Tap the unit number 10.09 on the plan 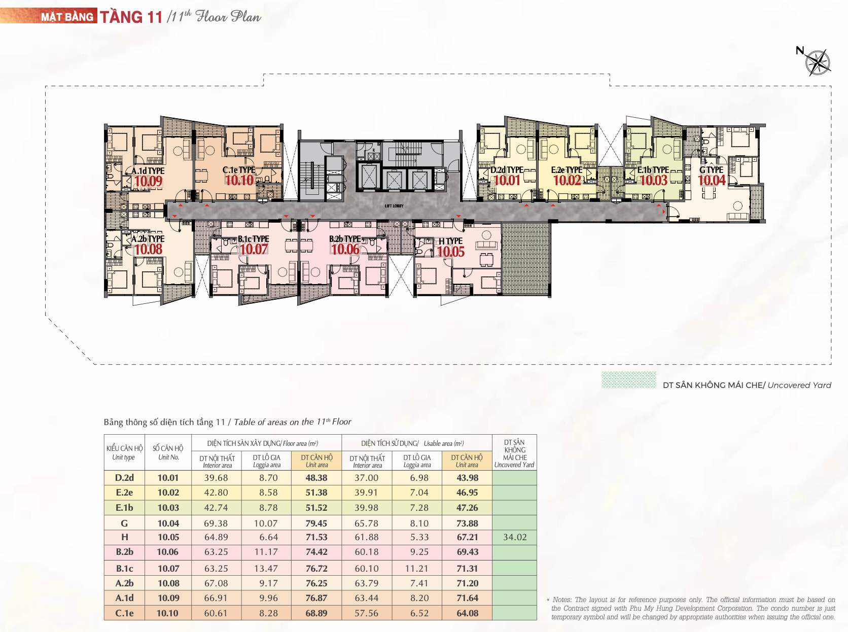[x=149, y=181]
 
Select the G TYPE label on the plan [x=711, y=169]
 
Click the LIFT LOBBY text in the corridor [x=394, y=206]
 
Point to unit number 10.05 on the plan [x=450, y=252]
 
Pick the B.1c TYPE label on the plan [x=254, y=239]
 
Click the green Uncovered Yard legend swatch [x=628, y=379]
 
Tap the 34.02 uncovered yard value [x=515, y=537]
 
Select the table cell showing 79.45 [x=316, y=523]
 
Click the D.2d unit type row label [x=124, y=477]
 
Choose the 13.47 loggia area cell [x=266, y=568]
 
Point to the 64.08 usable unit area [x=468, y=613]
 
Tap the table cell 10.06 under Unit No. [x=168, y=552]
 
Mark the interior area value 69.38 [x=216, y=523]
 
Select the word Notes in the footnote [x=562, y=600]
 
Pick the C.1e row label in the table [x=124, y=613]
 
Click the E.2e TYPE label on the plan [x=567, y=170]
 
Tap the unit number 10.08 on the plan [x=149, y=250]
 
